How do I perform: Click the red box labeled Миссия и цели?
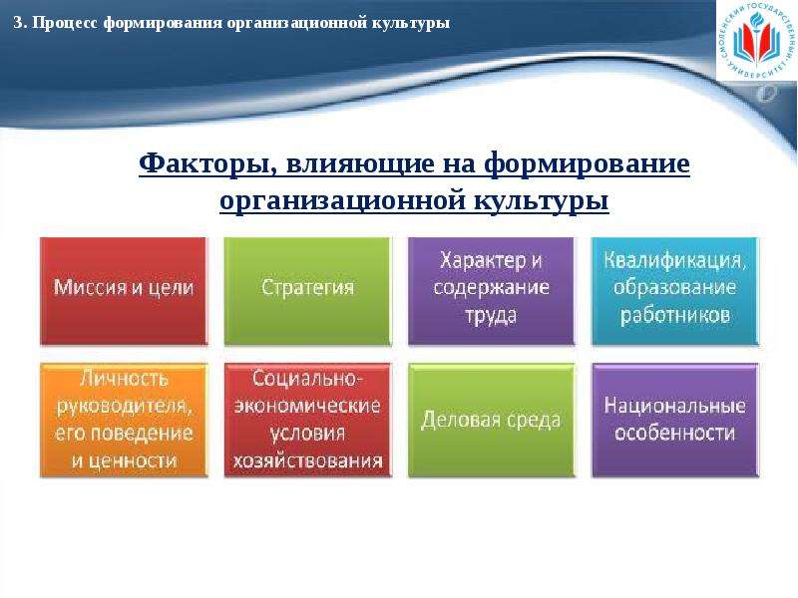pos(124,291)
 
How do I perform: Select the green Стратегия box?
pos(307,291)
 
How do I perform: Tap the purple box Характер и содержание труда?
pos(491,291)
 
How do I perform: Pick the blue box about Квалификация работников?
pos(675,291)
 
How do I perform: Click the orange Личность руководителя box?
pos(124,420)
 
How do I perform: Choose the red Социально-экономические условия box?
pos(307,420)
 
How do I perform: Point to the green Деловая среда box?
pos(491,420)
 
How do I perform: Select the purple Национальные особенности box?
pos(675,420)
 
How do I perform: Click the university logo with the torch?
pos(757,40)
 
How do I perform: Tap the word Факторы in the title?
pos(207,164)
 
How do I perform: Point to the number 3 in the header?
pos(18,23)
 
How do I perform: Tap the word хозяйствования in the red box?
pos(307,460)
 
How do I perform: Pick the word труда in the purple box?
pos(491,315)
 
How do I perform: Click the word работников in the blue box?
pos(675,315)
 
